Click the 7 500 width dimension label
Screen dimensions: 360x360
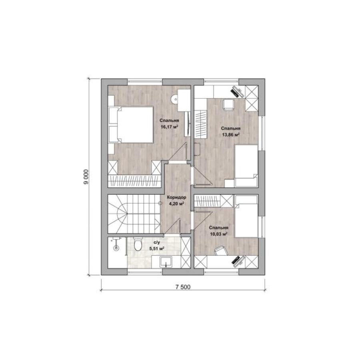coord(183,287)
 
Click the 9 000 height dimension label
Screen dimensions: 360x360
coord(86,177)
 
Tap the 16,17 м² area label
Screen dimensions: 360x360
coord(170,127)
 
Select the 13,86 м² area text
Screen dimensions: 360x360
coord(231,135)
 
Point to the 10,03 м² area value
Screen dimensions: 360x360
coord(218,234)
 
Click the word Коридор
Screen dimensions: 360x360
coord(176,197)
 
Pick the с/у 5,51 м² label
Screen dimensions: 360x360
coord(156,245)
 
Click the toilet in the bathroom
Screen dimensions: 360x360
coord(138,244)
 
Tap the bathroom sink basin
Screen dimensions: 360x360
coord(166,262)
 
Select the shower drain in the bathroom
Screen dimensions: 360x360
coord(116,248)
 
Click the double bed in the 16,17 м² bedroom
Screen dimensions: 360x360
coord(131,125)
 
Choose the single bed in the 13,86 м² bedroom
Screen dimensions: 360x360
coord(246,166)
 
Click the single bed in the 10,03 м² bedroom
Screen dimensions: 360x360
coord(246,216)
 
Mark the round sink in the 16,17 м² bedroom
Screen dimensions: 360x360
coord(174,99)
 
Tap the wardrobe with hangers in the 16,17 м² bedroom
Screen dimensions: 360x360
coord(134,181)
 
